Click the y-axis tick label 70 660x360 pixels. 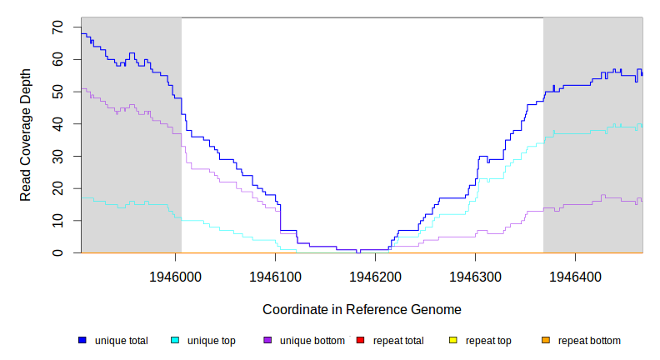[57, 27]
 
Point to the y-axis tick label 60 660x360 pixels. [57, 60]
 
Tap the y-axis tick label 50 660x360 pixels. [57, 92]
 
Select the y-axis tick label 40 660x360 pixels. [57, 124]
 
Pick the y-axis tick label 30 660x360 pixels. [57, 156]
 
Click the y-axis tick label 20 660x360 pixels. [57, 188]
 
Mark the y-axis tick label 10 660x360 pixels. [57, 220]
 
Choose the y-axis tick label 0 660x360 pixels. [57, 252]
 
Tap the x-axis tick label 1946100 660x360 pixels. [276, 275]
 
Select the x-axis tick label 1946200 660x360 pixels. [375, 275]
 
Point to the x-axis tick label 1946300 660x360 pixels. [475, 275]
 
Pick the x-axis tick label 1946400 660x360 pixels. [575, 275]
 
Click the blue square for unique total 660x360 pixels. [82, 340]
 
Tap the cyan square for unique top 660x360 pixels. [175, 340]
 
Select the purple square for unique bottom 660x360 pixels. [267, 340]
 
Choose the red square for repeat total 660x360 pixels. [361, 340]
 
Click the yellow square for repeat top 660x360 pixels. [453, 340]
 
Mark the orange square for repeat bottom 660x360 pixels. [546, 340]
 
